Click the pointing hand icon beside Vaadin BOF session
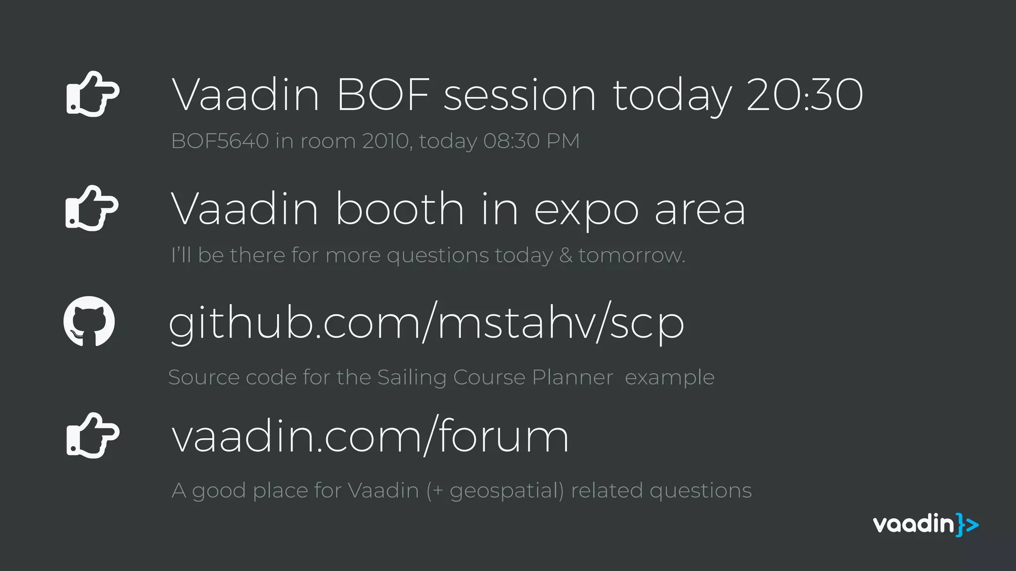pyautogui.click(x=93, y=94)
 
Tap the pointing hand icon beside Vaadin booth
pyautogui.click(x=92, y=208)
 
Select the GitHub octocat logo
pyautogui.click(x=89, y=321)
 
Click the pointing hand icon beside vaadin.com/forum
pyautogui.click(x=93, y=435)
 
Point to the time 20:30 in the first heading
pyautogui.click(x=805, y=95)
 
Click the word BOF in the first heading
pyautogui.click(x=383, y=95)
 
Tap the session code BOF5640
pyautogui.click(x=220, y=141)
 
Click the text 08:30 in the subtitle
pyautogui.click(x=511, y=141)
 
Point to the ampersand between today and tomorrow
pyautogui.click(x=566, y=255)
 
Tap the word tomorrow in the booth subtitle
pyautogui.click(x=632, y=255)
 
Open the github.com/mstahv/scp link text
pyautogui.click(x=426, y=323)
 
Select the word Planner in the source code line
pyautogui.click(x=572, y=378)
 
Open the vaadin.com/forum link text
pyautogui.click(x=370, y=436)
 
